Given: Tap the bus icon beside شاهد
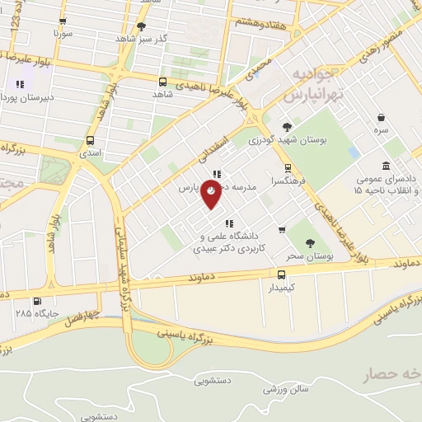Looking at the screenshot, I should coord(162,82).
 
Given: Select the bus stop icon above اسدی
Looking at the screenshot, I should coord(91,140).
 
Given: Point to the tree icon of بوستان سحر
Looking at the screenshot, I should coord(309,242).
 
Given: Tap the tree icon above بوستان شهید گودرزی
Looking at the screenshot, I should coord(287,126).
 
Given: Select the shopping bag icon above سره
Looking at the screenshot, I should coord(381,118).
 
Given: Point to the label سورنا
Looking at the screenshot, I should coord(64,35).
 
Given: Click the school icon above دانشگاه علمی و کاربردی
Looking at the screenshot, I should coord(228,223).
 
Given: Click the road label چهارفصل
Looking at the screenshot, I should coord(84,316).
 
